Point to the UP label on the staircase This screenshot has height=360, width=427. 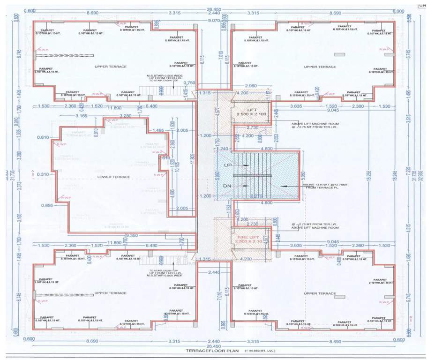click(x=228, y=166)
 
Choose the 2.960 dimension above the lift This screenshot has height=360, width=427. click(x=251, y=86)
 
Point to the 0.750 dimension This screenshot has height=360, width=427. click(x=189, y=82)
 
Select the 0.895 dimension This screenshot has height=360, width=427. click(x=46, y=205)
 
